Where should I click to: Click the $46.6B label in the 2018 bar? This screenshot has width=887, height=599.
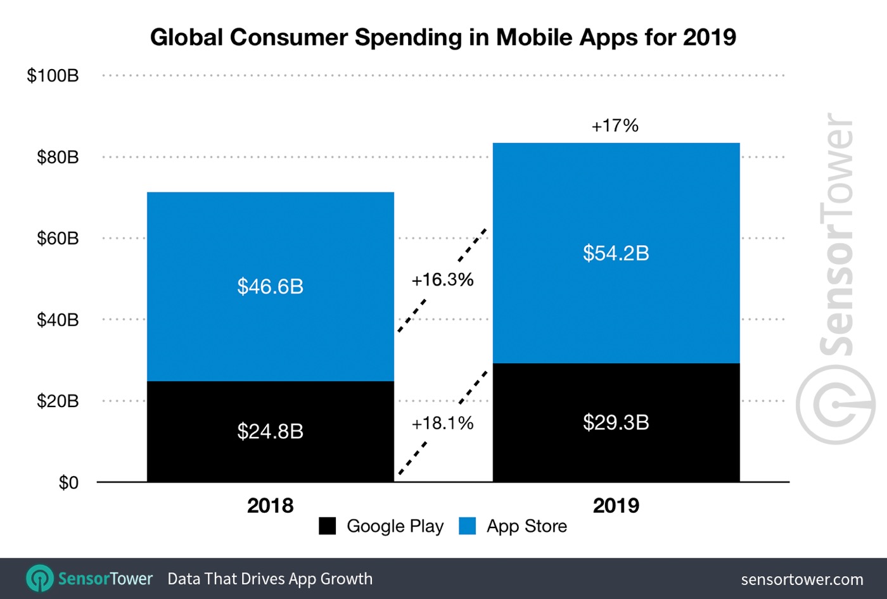pyautogui.click(x=270, y=287)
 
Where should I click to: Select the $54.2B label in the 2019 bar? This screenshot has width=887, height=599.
pyautogui.click(x=616, y=253)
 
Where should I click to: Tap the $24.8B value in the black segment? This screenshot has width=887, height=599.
pyautogui.click(x=270, y=432)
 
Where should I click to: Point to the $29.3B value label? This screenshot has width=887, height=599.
pyautogui.click(x=616, y=422)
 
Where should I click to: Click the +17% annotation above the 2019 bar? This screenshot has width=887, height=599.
pyautogui.click(x=615, y=125)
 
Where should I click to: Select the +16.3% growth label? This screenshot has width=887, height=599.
pyautogui.click(x=442, y=280)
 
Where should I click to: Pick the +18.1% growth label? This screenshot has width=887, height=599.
pyautogui.click(x=442, y=423)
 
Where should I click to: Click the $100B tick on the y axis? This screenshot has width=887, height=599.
pyautogui.click(x=53, y=76)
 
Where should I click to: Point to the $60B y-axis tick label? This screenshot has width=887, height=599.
pyautogui.click(x=58, y=239)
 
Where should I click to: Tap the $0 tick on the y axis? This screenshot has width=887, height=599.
pyautogui.click(x=68, y=483)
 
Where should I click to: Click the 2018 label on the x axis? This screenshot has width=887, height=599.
pyautogui.click(x=270, y=506)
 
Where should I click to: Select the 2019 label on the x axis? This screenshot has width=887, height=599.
pyautogui.click(x=616, y=506)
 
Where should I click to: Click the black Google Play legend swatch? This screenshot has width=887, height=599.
pyautogui.click(x=327, y=526)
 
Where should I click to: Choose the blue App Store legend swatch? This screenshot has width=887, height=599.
pyautogui.click(x=467, y=526)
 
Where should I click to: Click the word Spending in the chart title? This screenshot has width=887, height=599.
pyautogui.click(x=409, y=38)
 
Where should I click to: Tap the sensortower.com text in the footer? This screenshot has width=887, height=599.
pyautogui.click(x=801, y=579)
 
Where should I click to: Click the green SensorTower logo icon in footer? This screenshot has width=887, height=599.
pyautogui.click(x=40, y=578)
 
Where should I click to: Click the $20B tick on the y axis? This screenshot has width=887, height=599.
pyautogui.click(x=58, y=401)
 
